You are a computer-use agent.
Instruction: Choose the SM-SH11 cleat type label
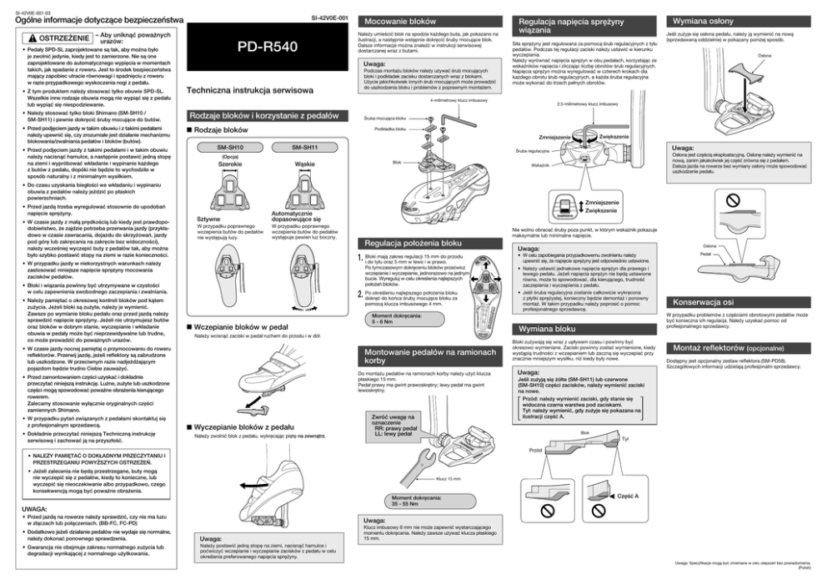point(305,148)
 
